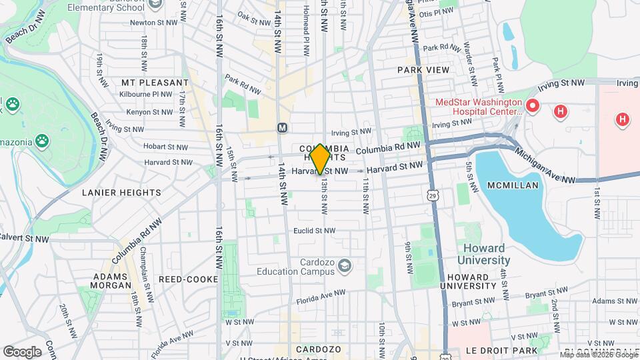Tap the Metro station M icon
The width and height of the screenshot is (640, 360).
(x=282, y=127)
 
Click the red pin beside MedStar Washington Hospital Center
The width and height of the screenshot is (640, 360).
(x=532, y=106)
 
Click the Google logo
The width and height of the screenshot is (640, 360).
(x=22, y=351)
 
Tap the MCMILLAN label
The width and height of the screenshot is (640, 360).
(x=512, y=185)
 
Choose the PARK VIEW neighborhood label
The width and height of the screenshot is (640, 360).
(x=423, y=69)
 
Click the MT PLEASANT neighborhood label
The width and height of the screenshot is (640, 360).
(x=155, y=82)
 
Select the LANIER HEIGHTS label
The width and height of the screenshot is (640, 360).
(x=121, y=193)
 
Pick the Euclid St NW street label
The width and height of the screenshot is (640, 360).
(x=314, y=231)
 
